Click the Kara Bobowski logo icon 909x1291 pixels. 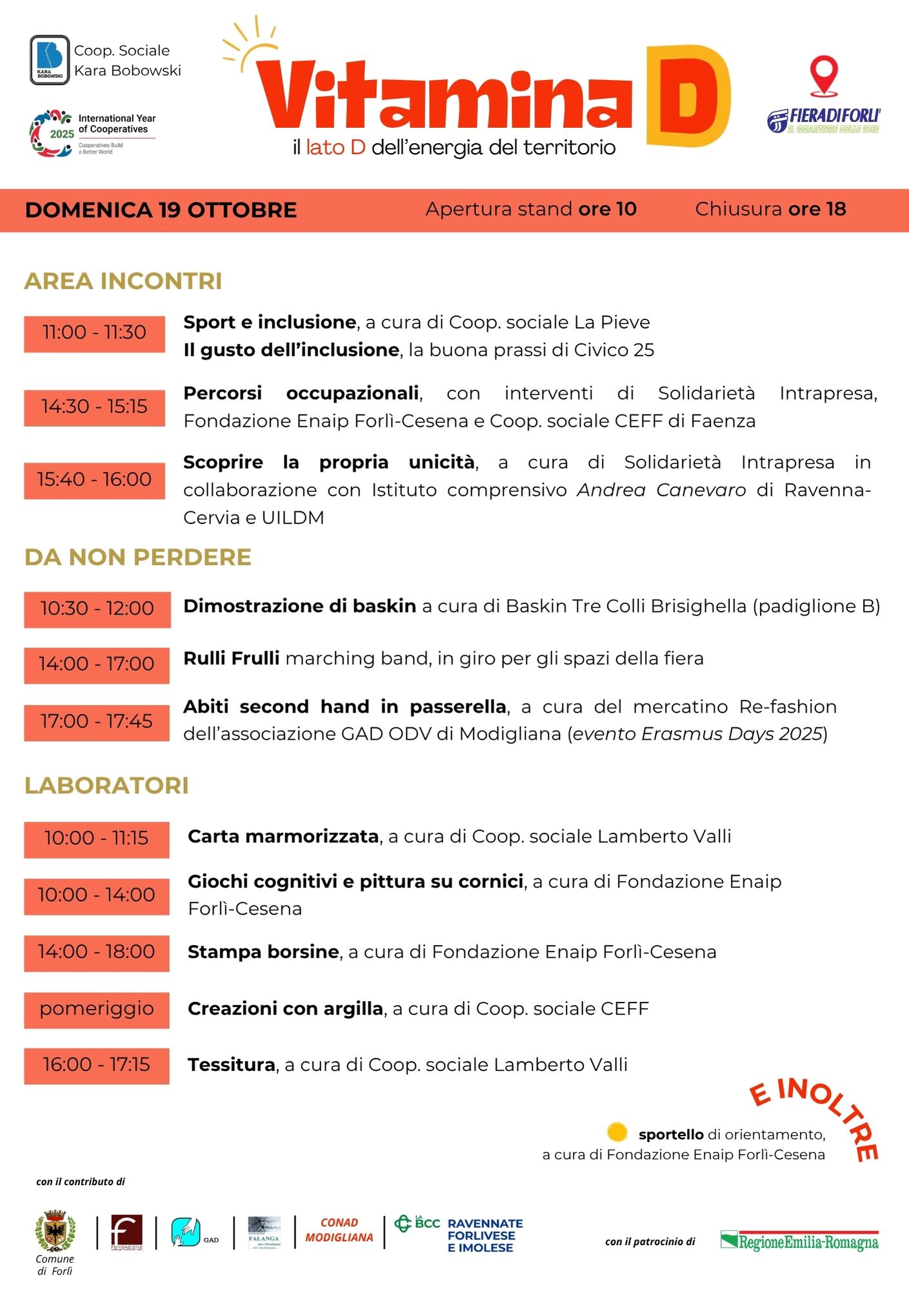tap(50, 60)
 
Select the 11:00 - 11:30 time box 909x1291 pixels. tap(94, 333)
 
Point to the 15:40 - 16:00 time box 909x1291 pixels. tap(94, 480)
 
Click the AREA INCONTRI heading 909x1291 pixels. tap(123, 281)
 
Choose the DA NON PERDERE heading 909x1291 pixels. tap(137, 558)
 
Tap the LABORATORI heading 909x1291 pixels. tap(106, 786)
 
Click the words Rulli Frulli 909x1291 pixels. tap(231, 658)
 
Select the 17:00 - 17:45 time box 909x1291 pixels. tap(97, 722)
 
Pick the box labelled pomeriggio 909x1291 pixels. tap(97, 1009)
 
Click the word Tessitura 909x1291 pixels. tap(231, 1064)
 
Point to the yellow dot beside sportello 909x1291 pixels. tap(617, 1132)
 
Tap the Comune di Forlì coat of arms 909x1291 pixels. tap(55, 1232)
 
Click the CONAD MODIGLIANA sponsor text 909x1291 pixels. tap(339, 1230)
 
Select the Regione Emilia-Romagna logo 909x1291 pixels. tap(799, 1241)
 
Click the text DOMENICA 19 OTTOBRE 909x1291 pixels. tap(161, 210)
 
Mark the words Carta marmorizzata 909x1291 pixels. tap(283, 837)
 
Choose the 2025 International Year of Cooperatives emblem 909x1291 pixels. tap(50, 134)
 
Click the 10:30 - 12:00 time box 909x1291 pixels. tap(97, 609)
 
